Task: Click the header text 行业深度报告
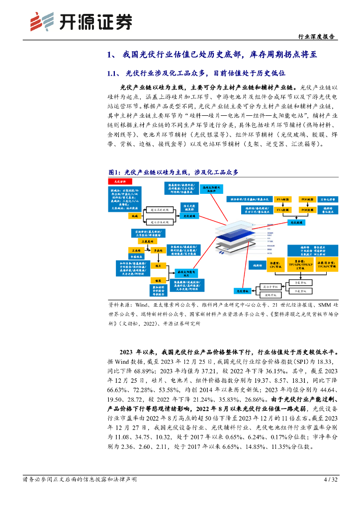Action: [315, 37]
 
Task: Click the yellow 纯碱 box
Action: [133, 216]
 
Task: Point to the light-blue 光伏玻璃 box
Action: [187, 216]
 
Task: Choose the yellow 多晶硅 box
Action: [159, 251]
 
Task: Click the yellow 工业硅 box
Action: [135, 250]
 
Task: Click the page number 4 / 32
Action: [330, 480]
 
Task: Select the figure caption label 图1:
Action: [115, 171]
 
